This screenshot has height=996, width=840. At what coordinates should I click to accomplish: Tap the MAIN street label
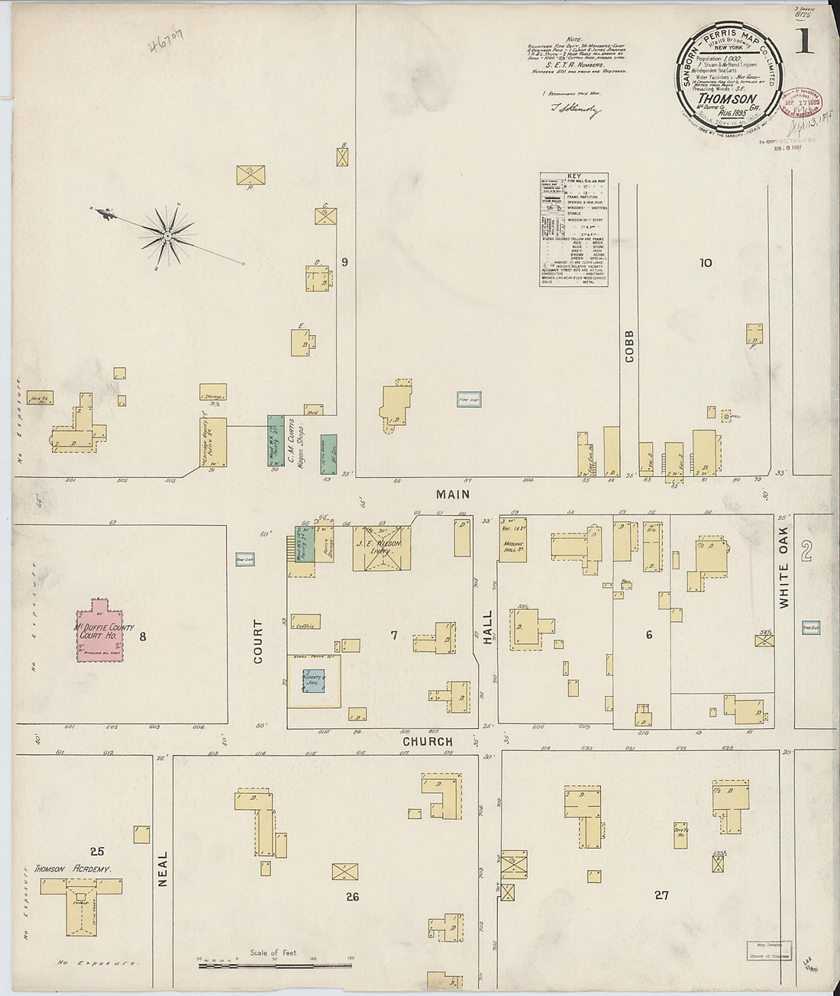452,495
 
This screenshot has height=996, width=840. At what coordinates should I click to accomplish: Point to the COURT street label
257,641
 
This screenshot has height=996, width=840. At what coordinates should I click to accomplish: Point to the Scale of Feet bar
275,965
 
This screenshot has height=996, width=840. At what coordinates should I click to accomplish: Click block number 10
705,263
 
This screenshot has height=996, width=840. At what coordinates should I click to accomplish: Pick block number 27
661,894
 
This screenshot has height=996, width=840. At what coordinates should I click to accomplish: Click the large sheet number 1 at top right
803,42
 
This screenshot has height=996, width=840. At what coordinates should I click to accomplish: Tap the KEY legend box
573,229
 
